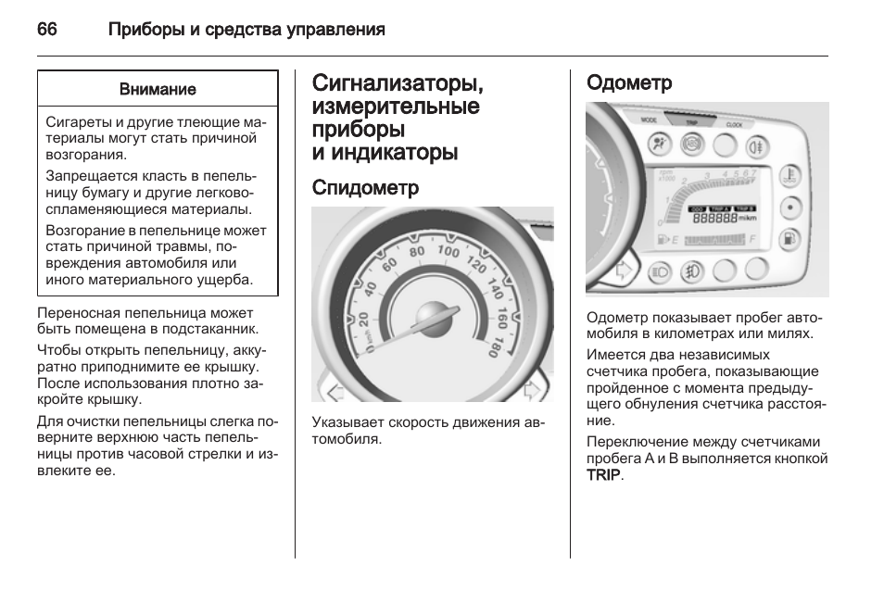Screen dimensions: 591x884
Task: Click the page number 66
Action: coord(47,30)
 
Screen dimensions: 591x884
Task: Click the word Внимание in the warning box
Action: coord(158,90)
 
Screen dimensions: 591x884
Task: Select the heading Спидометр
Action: coord(365,188)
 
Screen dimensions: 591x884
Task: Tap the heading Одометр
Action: coord(629,82)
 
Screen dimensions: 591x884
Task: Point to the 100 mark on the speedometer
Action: coord(448,252)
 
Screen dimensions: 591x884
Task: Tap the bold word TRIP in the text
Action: coord(603,475)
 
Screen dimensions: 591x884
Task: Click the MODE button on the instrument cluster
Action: coord(649,120)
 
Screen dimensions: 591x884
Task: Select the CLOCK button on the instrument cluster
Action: coord(734,123)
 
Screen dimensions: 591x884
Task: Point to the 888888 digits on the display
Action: coord(713,218)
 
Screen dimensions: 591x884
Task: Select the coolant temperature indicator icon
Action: coord(790,173)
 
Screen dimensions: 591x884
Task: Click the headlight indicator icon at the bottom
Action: coord(661,271)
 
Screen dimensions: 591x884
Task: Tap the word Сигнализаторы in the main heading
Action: coord(398,83)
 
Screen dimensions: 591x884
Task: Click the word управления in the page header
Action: coord(335,30)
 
